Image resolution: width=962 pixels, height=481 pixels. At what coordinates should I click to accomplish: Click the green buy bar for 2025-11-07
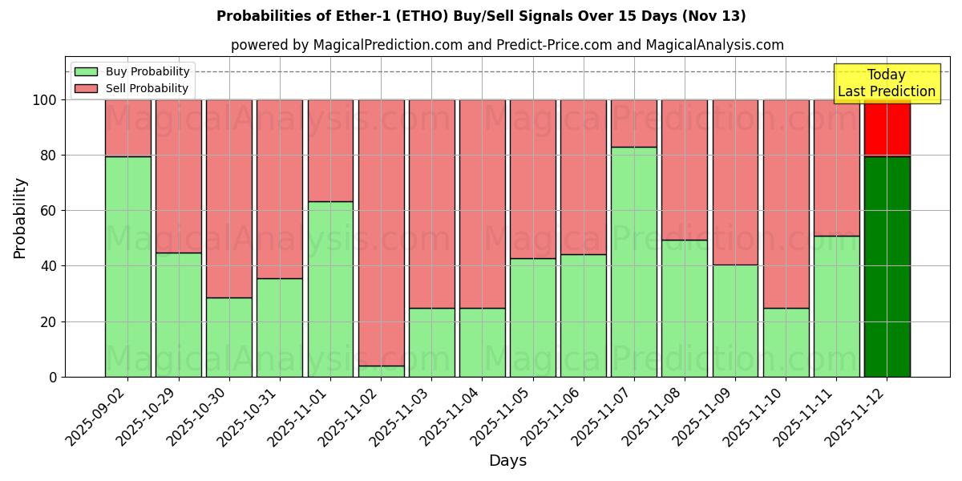(x=634, y=261)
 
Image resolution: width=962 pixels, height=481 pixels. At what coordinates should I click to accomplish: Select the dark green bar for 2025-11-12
(x=887, y=266)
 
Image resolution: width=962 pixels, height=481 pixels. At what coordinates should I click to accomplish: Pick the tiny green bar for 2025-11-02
(x=381, y=371)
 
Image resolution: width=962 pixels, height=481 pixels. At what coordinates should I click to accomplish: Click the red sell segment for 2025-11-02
(x=381, y=232)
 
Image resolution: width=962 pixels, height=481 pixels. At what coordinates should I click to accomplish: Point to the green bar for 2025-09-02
(x=128, y=266)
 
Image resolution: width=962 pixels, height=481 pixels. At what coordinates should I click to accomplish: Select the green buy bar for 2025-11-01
(x=330, y=289)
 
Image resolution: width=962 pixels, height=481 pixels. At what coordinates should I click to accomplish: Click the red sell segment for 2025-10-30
(x=229, y=198)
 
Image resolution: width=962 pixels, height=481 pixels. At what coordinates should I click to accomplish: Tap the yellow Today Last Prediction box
(x=887, y=83)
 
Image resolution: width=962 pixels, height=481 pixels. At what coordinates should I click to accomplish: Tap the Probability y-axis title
(x=20, y=217)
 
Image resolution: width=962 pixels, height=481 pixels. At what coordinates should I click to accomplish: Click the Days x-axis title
(x=507, y=461)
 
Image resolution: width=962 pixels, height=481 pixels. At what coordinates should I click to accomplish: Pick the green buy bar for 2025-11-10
(x=786, y=342)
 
